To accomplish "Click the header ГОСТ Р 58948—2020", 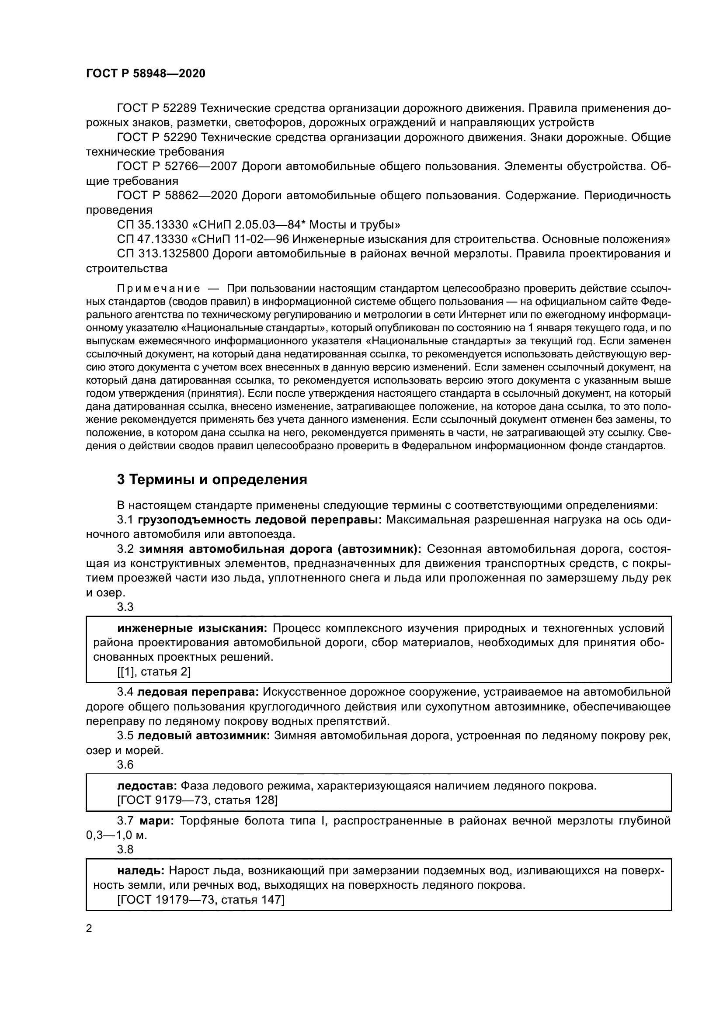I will [146, 74].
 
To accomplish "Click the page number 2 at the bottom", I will [89, 929].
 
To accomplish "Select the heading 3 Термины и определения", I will [212, 479].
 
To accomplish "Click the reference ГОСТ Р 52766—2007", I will [177, 166].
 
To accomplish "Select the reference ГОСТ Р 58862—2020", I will [177, 195].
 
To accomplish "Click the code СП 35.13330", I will [153, 224].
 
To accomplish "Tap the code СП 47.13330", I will [153, 239].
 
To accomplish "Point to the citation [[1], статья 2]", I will [154, 672].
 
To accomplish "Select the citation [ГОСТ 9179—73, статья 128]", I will [197, 800].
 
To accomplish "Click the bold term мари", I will [156, 821].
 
